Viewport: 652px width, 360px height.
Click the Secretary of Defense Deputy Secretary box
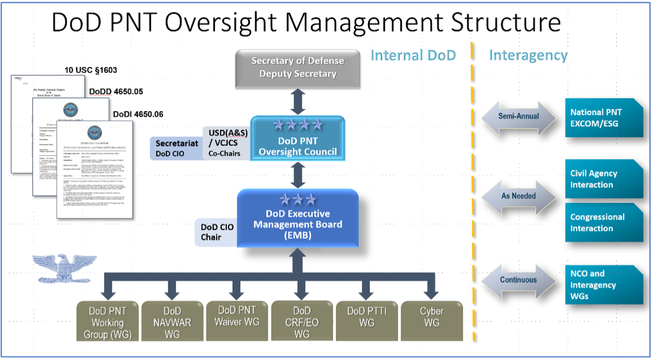pyautogui.click(x=297, y=68)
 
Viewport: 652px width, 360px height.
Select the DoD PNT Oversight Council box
pyautogui.click(x=297, y=138)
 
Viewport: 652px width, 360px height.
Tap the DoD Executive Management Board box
pyautogui.click(x=297, y=219)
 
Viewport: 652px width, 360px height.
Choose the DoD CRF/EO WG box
pyautogui.click(x=302, y=322)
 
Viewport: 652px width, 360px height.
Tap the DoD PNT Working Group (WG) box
pyautogui.click(x=107, y=322)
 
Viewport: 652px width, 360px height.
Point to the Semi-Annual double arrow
pyautogui.click(x=518, y=116)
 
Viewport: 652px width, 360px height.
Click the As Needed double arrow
pyautogui.click(x=518, y=196)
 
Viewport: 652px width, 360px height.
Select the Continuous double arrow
pyautogui.click(x=518, y=280)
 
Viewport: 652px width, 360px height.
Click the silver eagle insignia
pyautogui.click(x=57, y=269)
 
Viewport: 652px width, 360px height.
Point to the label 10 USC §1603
pyautogui.click(x=90, y=71)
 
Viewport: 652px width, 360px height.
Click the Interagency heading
pyautogui.click(x=528, y=55)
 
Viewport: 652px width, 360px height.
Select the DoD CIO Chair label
pyautogui.click(x=216, y=232)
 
